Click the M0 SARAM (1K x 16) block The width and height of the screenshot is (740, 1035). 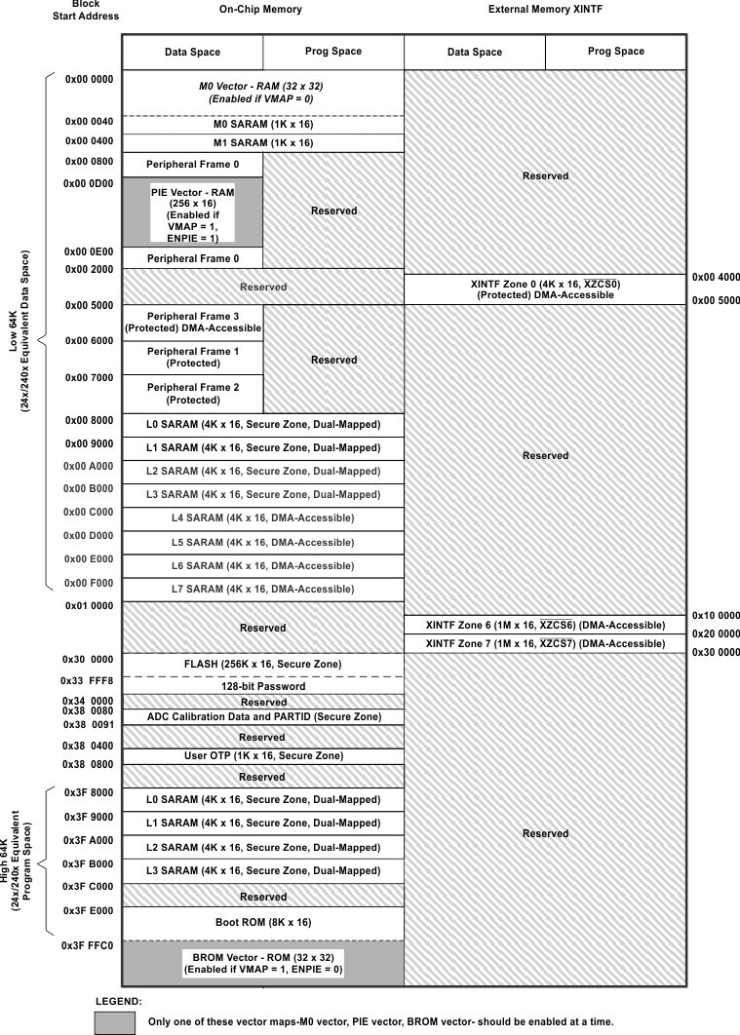coord(263,125)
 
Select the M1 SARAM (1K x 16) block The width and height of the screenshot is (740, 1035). coord(263,142)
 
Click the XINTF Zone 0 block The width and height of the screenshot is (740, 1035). coord(545,288)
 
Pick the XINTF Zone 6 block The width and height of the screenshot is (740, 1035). coord(545,625)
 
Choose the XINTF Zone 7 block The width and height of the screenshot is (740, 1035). coord(545,643)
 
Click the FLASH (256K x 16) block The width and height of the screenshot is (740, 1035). coord(263,665)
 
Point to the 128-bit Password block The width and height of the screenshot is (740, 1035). coord(263,686)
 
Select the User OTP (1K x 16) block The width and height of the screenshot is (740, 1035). coord(263,755)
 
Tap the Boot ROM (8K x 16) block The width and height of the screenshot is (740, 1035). coord(263,922)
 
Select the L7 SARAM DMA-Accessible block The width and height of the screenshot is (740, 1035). coord(263,589)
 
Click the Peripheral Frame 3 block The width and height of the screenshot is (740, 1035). coord(192,323)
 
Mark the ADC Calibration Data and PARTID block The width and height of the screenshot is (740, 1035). coord(263,716)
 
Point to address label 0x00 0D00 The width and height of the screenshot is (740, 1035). coord(89,183)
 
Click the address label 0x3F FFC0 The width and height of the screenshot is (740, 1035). coord(89,945)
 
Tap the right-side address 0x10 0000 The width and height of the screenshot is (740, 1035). coord(716,615)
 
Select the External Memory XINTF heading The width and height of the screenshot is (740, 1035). coord(545,9)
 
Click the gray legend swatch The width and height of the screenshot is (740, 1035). coord(114,1021)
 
